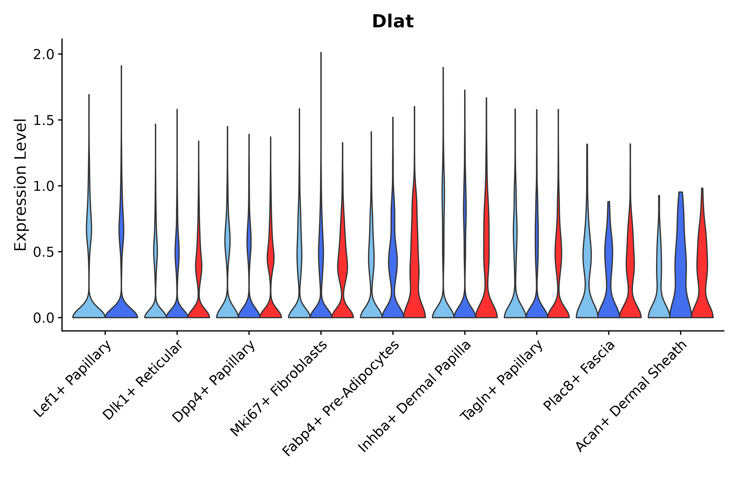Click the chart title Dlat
(x=393, y=22)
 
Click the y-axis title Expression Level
(x=20, y=184)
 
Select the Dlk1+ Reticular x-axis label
(x=143, y=380)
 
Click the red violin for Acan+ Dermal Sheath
(x=702, y=267)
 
